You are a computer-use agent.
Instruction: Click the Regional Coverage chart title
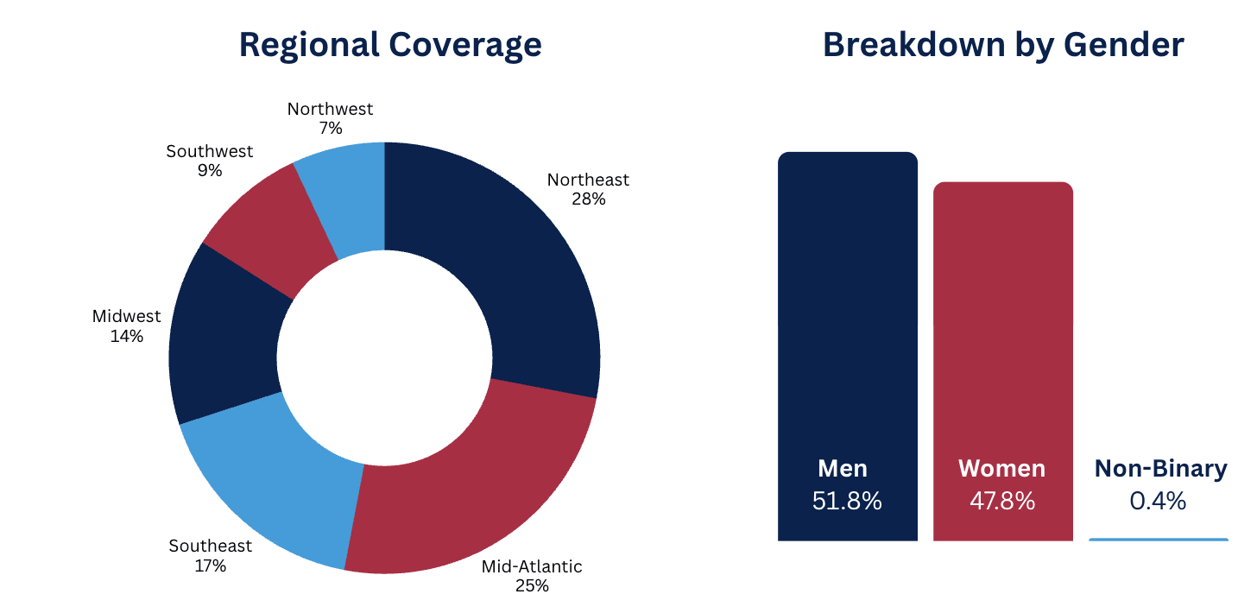click(x=390, y=44)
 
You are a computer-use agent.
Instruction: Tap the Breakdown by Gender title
click(x=1002, y=44)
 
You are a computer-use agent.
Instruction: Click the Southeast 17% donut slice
click(x=276, y=483)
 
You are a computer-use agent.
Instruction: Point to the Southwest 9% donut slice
click(x=268, y=224)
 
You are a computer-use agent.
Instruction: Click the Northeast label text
click(x=588, y=180)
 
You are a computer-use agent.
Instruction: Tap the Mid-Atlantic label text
click(x=532, y=566)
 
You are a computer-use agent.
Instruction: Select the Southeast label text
click(x=210, y=546)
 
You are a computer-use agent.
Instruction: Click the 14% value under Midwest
click(x=126, y=336)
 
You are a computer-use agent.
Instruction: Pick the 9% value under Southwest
click(x=209, y=170)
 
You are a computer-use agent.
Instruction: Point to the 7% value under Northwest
click(x=330, y=128)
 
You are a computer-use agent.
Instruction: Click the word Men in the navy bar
click(x=843, y=469)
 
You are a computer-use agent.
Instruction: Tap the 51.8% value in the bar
click(x=847, y=501)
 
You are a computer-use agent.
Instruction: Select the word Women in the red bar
click(x=1001, y=469)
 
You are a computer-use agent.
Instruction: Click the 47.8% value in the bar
click(x=1001, y=501)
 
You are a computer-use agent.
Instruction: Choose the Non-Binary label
click(x=1160, y=469)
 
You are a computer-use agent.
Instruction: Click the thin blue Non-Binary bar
click(x=1158, y=540)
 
